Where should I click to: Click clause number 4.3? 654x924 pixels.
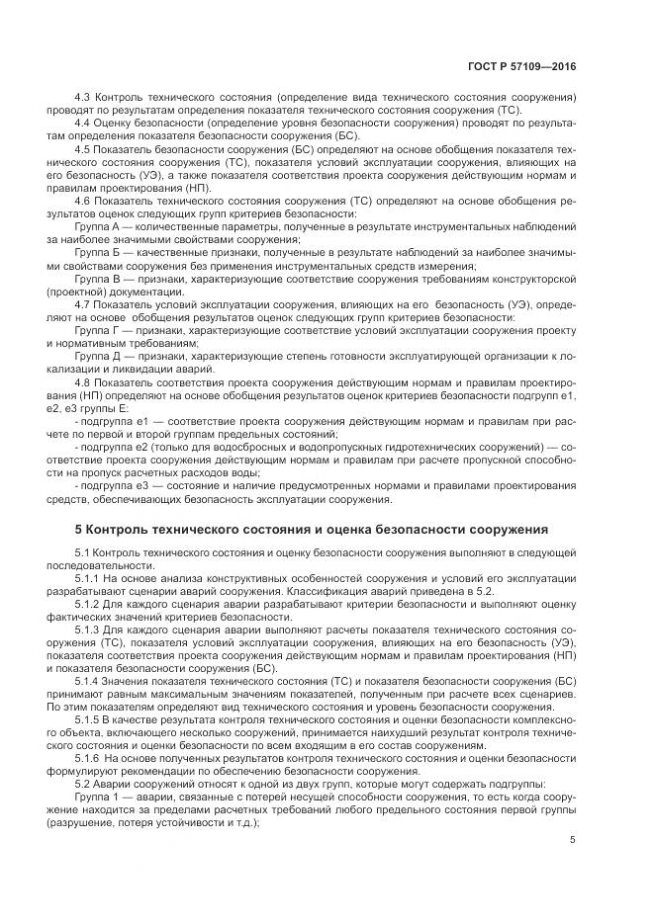pyautogui.click(x=84, y=98)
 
